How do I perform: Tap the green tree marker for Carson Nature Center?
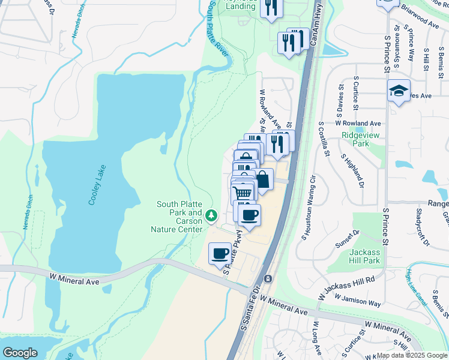pyautogui.click(x=211, y=215)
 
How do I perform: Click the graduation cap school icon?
pyautogui.click(x=399, y=91)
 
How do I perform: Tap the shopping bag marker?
pyautogui.click(x=262, y=179)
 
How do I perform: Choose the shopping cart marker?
pyautogui.click(x=243, y=193)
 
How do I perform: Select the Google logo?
pyautogui.click(x=20, y=353)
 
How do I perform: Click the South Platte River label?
pyautogui.click(x=219, y=27)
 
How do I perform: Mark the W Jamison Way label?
pyautogui.click(x=358, y=300)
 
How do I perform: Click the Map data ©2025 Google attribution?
pyautogui.click(x=411, y=355)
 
